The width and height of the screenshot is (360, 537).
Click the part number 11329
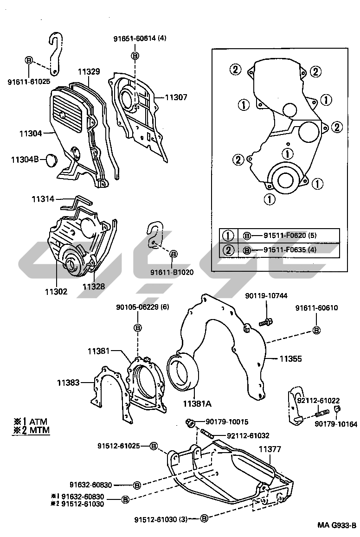pyautogui.click(x=89, y=71)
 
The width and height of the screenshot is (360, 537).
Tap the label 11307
pyautogui.click(x=176, y=97)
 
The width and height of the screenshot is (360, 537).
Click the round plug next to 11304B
pyautogui.click(x=51, y=161)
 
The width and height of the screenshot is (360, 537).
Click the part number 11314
pyautogui.click(x=43, y=199)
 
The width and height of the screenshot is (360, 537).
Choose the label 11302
pyautogui.click(x=56, y=292)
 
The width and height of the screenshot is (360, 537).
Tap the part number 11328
pyautogui.click(x=94, y=287)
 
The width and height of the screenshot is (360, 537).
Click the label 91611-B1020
pyautogui.click(x=172, y=272)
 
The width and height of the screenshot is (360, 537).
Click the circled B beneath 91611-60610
pyautogui.click(x=316, y=330)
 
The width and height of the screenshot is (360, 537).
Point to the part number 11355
pyautogui.click(x=290, y=358)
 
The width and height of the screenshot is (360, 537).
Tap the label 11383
pyautogui.click(x=69, y=383)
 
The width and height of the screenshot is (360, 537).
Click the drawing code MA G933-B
pyautogui.click(x=336, y=525)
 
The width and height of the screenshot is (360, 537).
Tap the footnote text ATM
pyautogui.click(x=38, y=422)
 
